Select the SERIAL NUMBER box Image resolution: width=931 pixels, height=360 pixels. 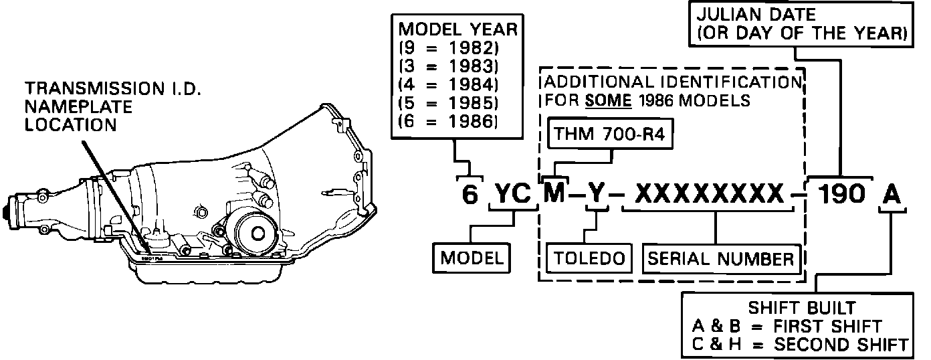click(x=721, y=259)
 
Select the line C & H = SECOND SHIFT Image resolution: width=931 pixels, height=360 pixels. click(x=801, y=345)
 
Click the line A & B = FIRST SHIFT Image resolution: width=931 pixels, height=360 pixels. click(x=788, y=327)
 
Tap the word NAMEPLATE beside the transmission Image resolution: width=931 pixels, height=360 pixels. click(x=78, y=107)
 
